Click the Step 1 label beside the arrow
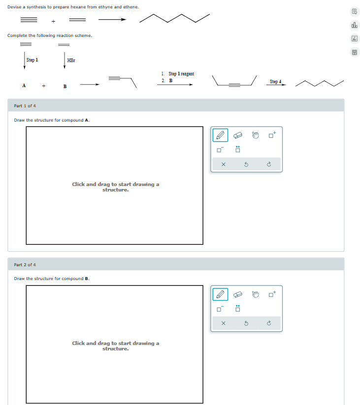coord(32,60)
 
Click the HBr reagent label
coord(71,61)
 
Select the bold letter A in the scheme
coord(24,86)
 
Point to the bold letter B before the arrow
coord(65,87)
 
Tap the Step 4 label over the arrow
coord(276,81)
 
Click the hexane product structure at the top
coord(175,19)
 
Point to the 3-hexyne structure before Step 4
coord(234,82)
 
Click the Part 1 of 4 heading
coord(25,106)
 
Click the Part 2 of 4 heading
coord(25,265)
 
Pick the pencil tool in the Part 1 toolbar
coord(220,134)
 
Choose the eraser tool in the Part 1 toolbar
coord(238,134)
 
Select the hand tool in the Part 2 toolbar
coord(256,294)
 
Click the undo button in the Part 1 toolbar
coord(246,164)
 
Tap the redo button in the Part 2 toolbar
coord(269,323)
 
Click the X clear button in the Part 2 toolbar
coord(223,323)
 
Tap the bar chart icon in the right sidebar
coord(354,25)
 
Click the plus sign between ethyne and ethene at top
coord(53,21)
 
